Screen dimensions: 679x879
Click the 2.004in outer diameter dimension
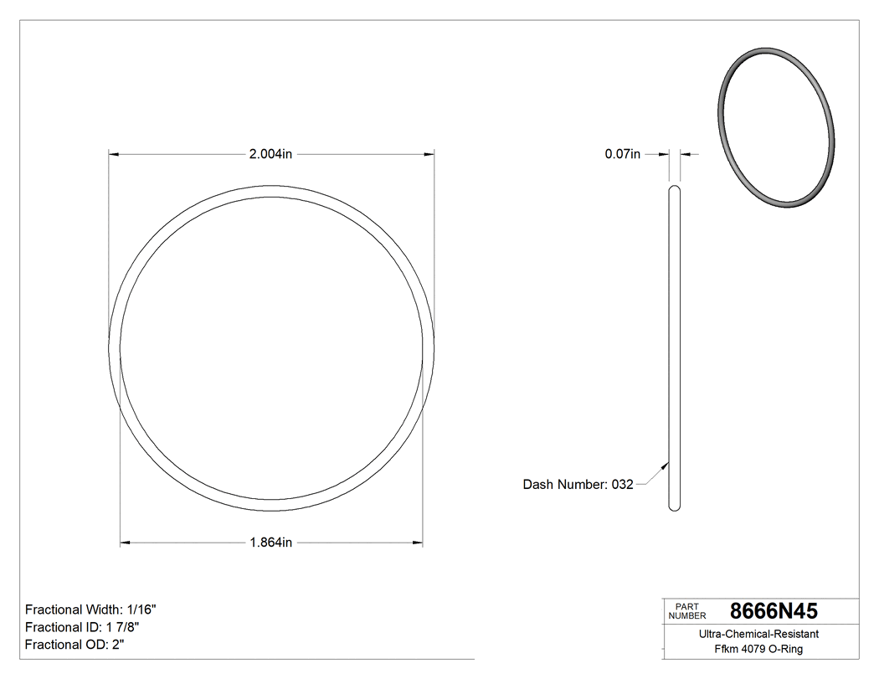tap(270, 154)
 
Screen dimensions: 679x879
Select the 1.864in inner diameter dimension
tap(270, 543)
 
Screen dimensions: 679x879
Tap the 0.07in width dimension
tap(622, 154)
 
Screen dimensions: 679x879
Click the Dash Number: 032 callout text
tap(578, 484)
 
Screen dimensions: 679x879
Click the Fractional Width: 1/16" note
tap(91, 610)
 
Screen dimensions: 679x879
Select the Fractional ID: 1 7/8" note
tap(82, 627)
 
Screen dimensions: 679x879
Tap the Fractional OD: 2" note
tap(75, 645)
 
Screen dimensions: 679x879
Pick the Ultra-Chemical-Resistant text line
tap(758, 635)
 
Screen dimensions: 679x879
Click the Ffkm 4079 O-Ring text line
tap(758, 650)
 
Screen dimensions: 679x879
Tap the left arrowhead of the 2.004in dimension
tap(114, 154)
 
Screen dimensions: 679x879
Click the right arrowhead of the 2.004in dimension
tap(429, 154)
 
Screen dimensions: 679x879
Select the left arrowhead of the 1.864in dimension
tap(126, 543)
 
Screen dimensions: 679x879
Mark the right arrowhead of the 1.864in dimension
tap(417, 543)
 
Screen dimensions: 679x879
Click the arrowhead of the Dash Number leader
tap(666, 466)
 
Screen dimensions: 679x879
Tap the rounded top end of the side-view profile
tap(675, 190)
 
